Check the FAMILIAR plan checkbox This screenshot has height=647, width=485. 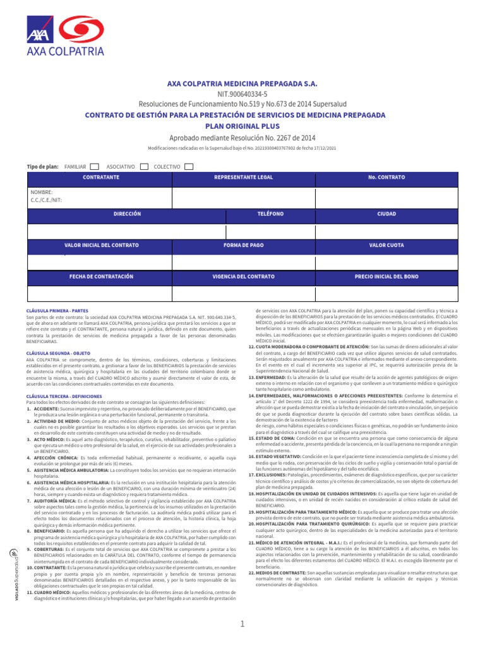pos(94,166)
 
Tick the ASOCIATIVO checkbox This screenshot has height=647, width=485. pos(144,166)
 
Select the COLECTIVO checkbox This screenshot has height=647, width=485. pos(189,166)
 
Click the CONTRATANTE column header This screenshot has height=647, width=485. pos(101,178)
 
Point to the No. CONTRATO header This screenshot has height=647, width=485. pos(386,178)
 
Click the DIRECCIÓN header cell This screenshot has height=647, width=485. pos(127,214)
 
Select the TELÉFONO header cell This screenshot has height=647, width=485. pos(270,214)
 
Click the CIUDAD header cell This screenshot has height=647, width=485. pos(386,214)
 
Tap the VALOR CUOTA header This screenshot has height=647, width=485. pos(386,245)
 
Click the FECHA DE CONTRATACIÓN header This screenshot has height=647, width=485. pos(101,276)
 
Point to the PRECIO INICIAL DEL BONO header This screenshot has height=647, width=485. pos(386,276)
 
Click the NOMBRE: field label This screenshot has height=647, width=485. pos(42,191)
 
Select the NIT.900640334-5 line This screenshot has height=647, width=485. pos(242,94)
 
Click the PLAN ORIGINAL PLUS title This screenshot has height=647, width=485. pos(242,126)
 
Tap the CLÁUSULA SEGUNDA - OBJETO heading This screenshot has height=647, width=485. pos(59,352)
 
